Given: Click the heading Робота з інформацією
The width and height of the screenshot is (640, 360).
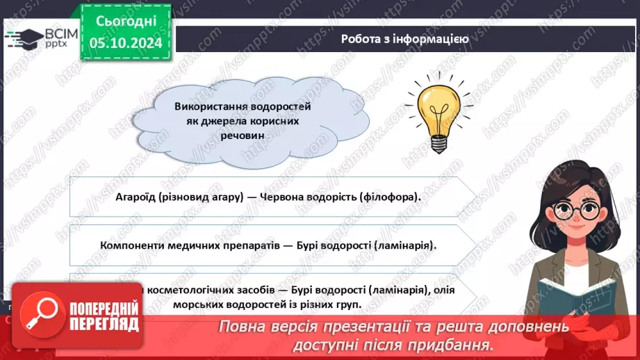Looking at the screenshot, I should click(x=404, y=39).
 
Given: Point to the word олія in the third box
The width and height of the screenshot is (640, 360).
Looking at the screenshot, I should click(x=415, y=289).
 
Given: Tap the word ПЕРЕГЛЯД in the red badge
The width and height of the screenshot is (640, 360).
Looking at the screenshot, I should click(x=105, y=323).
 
